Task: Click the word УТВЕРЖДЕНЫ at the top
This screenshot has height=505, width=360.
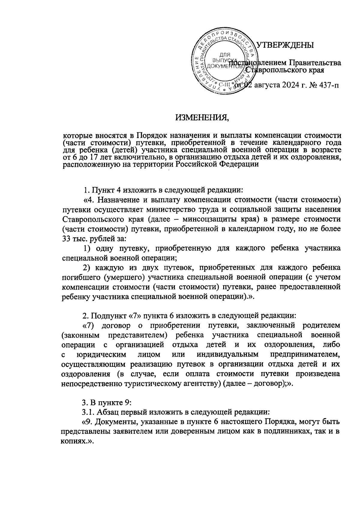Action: (285, 45)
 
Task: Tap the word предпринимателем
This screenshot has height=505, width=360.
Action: (305, 354)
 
